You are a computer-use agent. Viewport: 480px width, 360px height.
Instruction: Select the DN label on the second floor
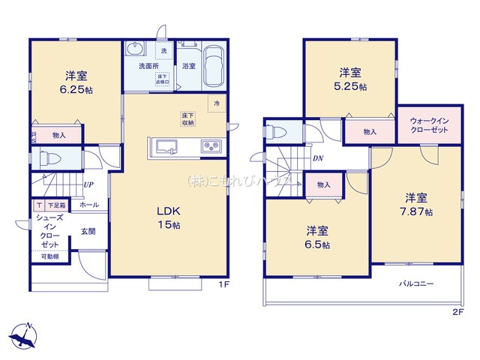pyautogui.click(x=318, y=159)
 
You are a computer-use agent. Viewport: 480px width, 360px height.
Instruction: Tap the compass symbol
pyautogui.click(x=25, y=334)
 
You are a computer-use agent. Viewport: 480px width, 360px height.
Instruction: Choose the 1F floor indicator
pyautogui.click(x=223, y=284)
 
